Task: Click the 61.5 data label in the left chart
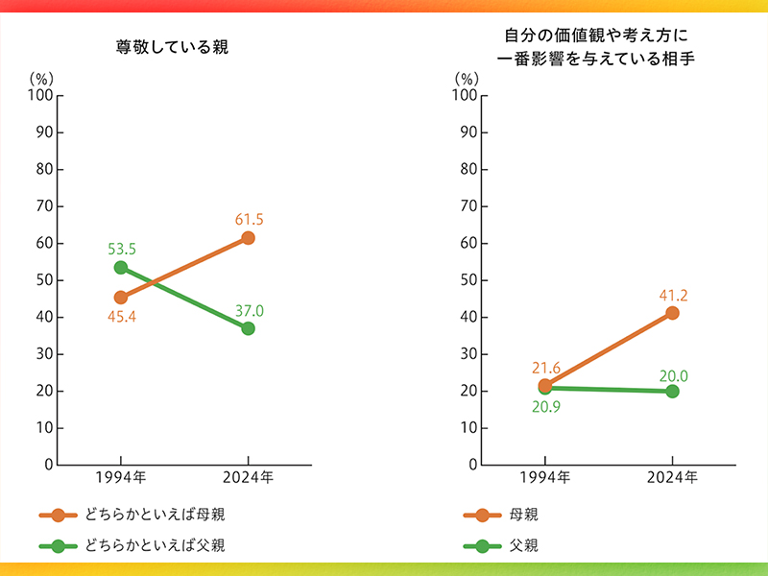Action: click(249, 219)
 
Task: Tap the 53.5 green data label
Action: click(122, 250)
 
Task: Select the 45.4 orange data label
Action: click(122, 316)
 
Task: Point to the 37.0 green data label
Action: click(249, 310)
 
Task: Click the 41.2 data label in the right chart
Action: click(672, 294)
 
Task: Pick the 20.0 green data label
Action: click(672, 375)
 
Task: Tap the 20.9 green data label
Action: click(545, 407)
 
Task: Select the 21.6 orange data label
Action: click(545, 368)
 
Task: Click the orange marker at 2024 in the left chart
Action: click(249, 238)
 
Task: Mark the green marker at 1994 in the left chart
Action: click(121, 268)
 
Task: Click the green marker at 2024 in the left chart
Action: click(249, 328)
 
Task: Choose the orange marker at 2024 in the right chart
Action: click(672, 313)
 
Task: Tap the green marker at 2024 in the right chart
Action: click(672, 391)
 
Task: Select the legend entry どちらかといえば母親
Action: click(154, 515)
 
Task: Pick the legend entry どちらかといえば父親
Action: click(154, 545)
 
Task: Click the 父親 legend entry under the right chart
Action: click(523, 545)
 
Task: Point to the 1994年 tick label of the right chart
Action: click(545, 476)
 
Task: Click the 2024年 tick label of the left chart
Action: click(249, 476)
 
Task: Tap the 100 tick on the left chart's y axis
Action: click(40, 96)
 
